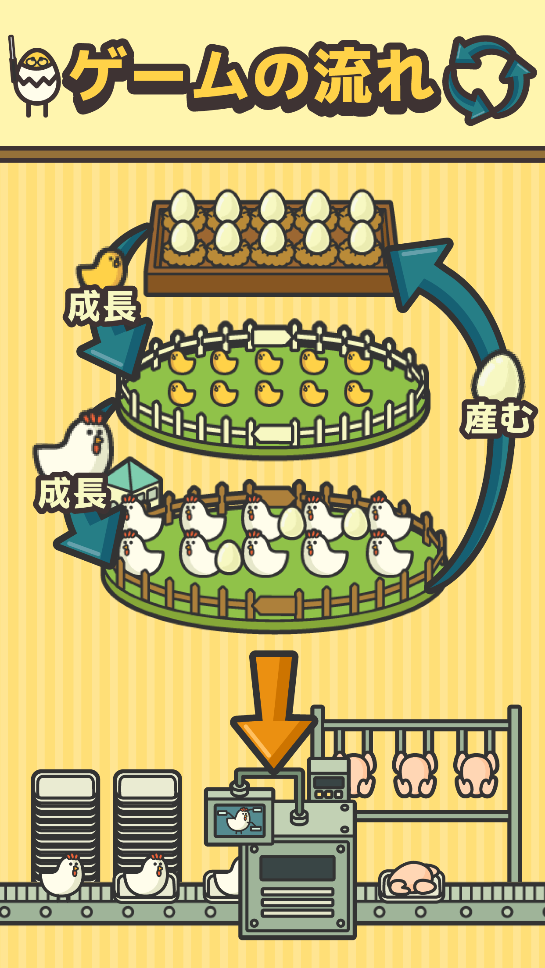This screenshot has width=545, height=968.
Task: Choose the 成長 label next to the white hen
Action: click(x=72, y=493)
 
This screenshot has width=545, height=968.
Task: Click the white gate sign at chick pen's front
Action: click(x=272, y=434)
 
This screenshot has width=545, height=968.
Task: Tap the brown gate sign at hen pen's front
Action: click(x=274, y=605)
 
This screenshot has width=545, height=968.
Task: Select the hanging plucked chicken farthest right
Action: click(x=476, y=774)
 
